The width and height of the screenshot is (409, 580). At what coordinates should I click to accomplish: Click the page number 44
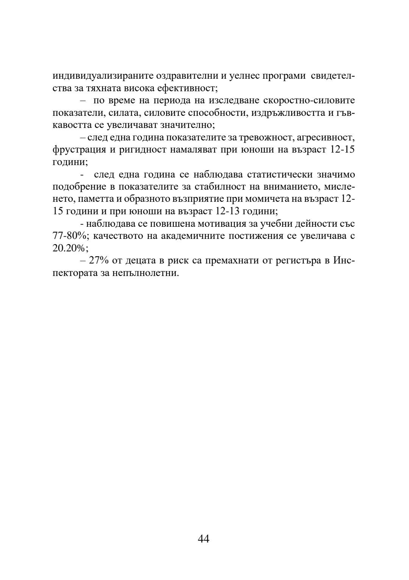pos(203,539)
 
